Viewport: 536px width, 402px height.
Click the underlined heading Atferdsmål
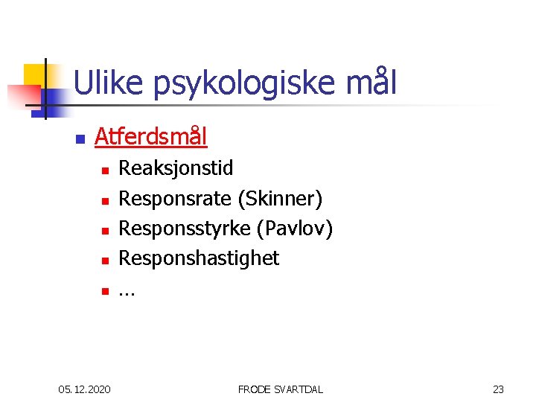151,137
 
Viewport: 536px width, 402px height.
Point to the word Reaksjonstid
176,169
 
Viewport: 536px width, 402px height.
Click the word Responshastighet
199,258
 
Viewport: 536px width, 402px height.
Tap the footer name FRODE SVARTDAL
280,389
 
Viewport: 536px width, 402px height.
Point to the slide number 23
498,389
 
